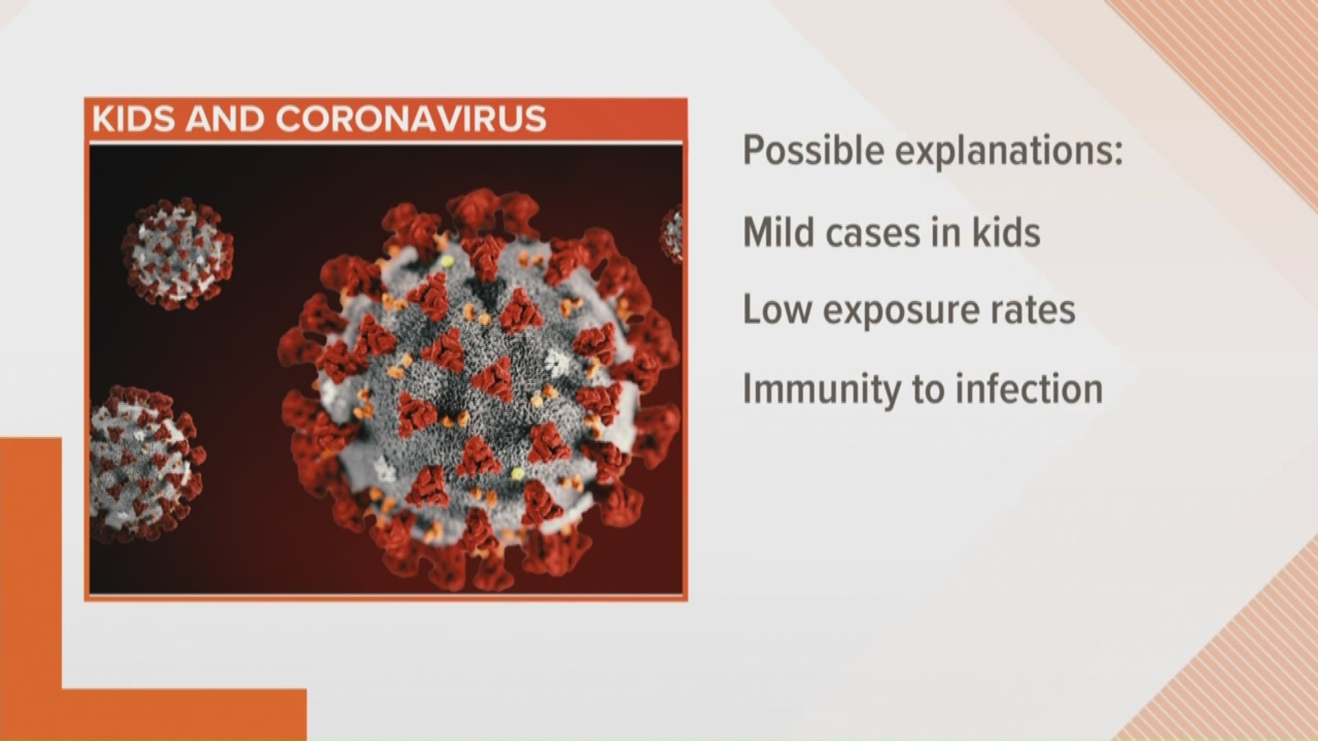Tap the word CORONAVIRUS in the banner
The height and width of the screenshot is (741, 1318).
click(x=411, y=119)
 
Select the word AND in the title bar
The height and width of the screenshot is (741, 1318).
click(x=224, y=119)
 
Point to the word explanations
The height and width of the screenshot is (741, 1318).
click(x=1002, y=150)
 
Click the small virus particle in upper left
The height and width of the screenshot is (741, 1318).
click(x=178, y=252)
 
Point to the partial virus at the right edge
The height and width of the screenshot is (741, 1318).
click(x=672, y=234)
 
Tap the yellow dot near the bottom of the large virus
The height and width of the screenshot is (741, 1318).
click(x=517, y=473)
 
